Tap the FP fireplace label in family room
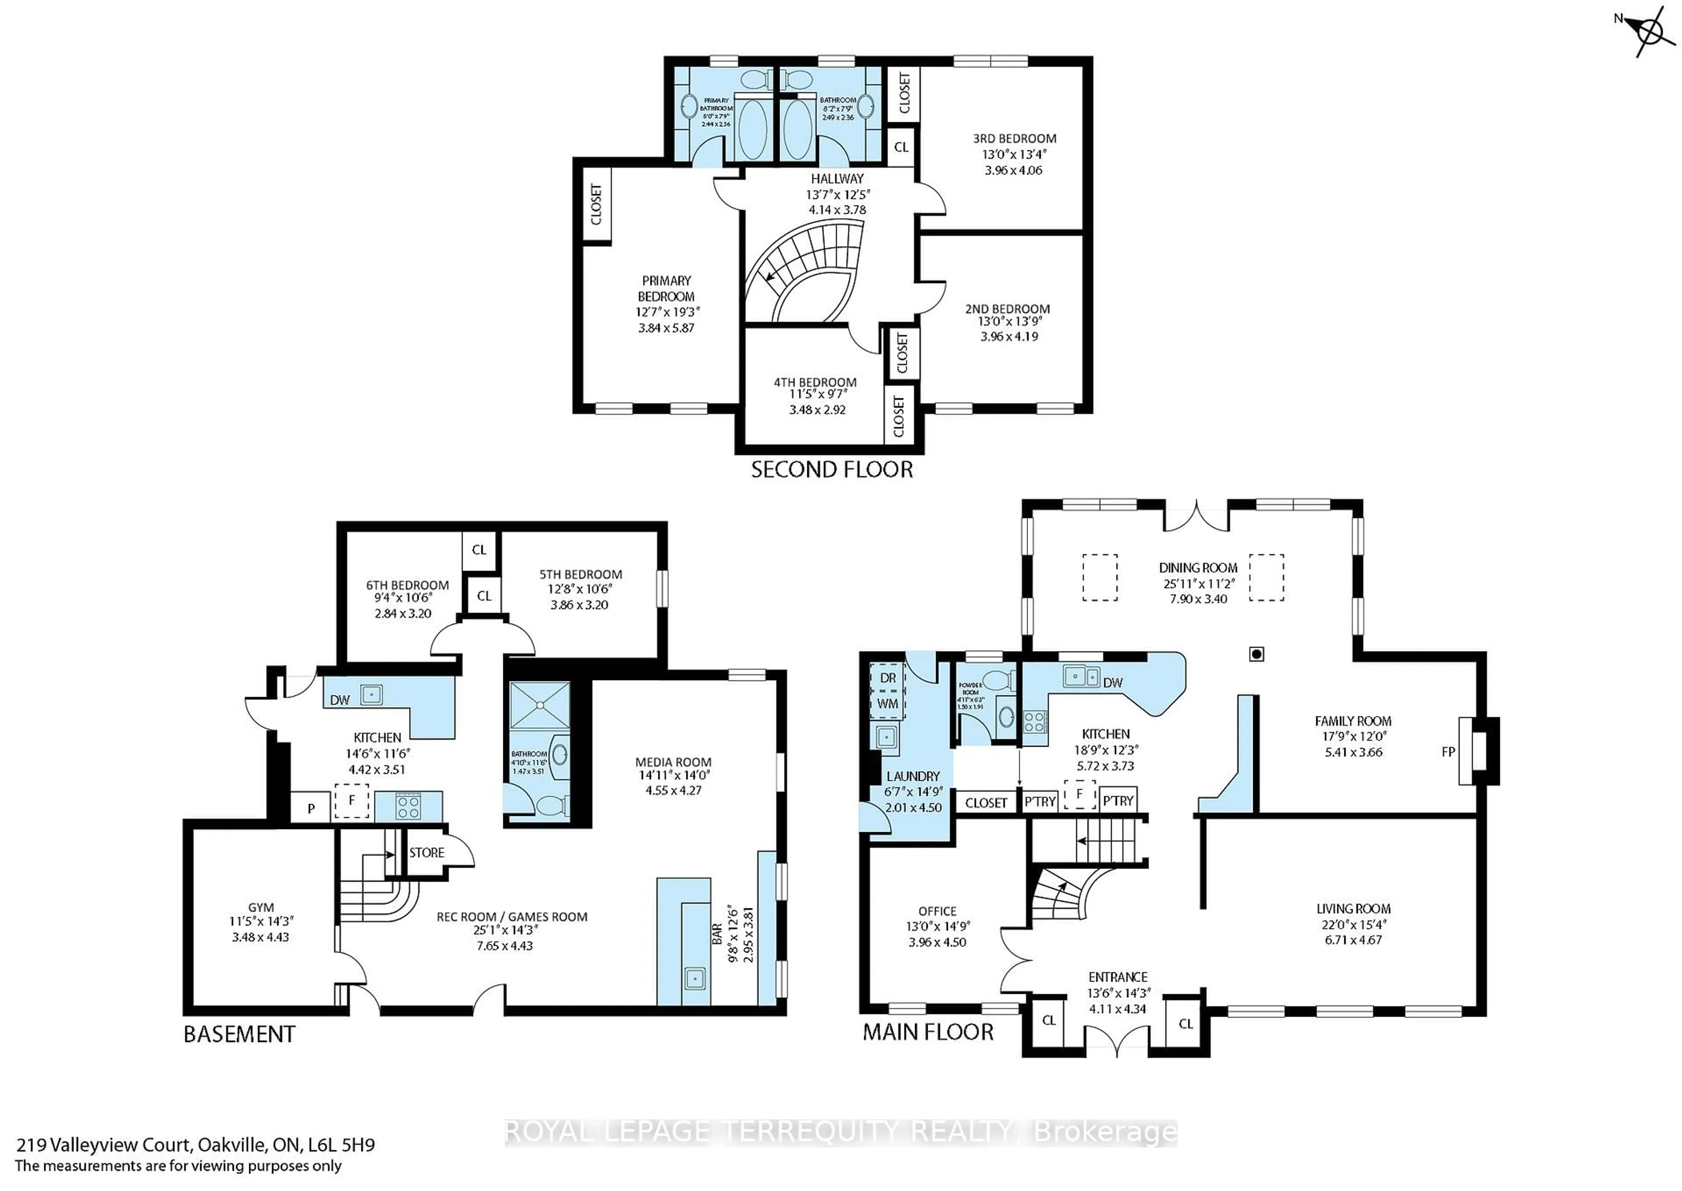(x=1448, y=751)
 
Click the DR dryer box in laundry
(x=887, y=677)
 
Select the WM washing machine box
(x=887, y=703)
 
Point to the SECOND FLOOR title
(x=832, y=469)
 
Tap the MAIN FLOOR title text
(x=927, y=1032)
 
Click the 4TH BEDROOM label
(x=815, y=382)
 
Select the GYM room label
(x=261, y=907)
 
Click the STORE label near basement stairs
(x=427, y=852)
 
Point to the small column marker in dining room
(x=1256, y=653)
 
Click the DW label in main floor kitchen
(x=1113, y=683)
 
